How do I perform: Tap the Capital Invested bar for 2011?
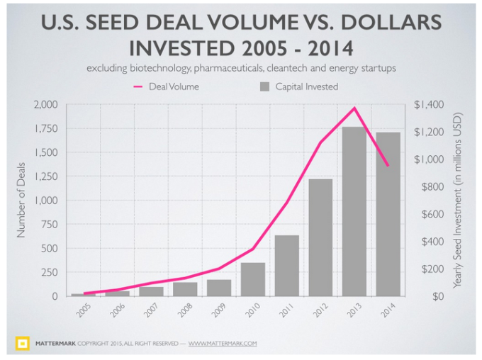pyautogui.click(x=287, y=266)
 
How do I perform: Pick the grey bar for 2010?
pyautogui.click(x=253, y=279)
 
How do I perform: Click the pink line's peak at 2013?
pyautogui.click(x=354, y=108)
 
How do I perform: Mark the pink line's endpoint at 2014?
pyautogui.click(x=388, y=166)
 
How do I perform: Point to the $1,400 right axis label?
pyautogui.click(x=429, y=105)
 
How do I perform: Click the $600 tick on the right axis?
pyautogui.click(x=426, y=214)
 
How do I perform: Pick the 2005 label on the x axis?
pyautogui.click(x=83, y=310)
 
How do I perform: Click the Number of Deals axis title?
pyautogui.click(x=21, y=201)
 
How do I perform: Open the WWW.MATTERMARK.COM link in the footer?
pyautogui.click(x=222, y=344)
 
